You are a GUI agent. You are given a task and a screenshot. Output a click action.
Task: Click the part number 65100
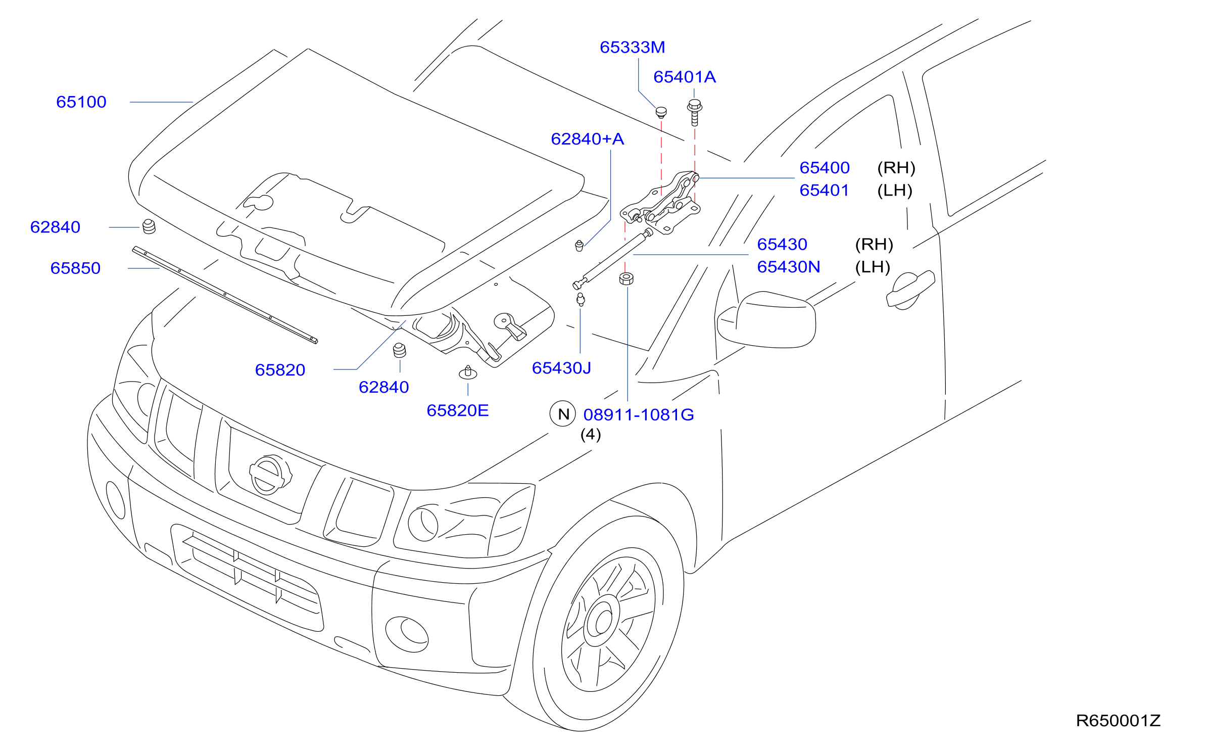click(81, 102)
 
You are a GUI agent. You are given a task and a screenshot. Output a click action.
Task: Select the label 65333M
click(632, 48)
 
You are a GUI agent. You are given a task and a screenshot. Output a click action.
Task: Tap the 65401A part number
click(685, 77)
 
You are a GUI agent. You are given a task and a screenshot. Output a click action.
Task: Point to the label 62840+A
click(587, 139)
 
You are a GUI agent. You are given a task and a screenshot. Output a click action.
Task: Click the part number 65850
click(75, 268)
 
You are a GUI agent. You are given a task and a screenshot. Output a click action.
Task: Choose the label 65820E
click(458, 411)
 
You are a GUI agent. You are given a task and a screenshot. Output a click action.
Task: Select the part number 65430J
click(561, 368)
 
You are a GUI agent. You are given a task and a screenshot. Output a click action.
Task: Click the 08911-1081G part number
click(639, 415)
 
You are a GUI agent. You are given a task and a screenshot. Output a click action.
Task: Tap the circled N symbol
click(563, 414)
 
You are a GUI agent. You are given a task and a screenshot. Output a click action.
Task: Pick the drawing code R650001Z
click(1118, 721)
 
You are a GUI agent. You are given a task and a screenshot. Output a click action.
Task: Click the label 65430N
click(789, 267)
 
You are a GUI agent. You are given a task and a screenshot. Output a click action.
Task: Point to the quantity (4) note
click(591, 435)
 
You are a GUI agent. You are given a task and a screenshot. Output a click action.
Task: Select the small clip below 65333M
click(661, 112)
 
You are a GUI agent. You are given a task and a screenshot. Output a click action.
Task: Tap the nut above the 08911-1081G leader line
click(626, 278)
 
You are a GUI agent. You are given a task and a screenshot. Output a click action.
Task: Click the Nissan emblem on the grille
click(270, 475)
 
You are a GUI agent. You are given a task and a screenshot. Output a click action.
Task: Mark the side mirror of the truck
click(766, 319)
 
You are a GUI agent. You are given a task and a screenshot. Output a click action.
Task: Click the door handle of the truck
click(910, 290)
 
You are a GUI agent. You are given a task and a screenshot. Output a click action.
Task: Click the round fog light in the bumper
click(407, 635)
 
